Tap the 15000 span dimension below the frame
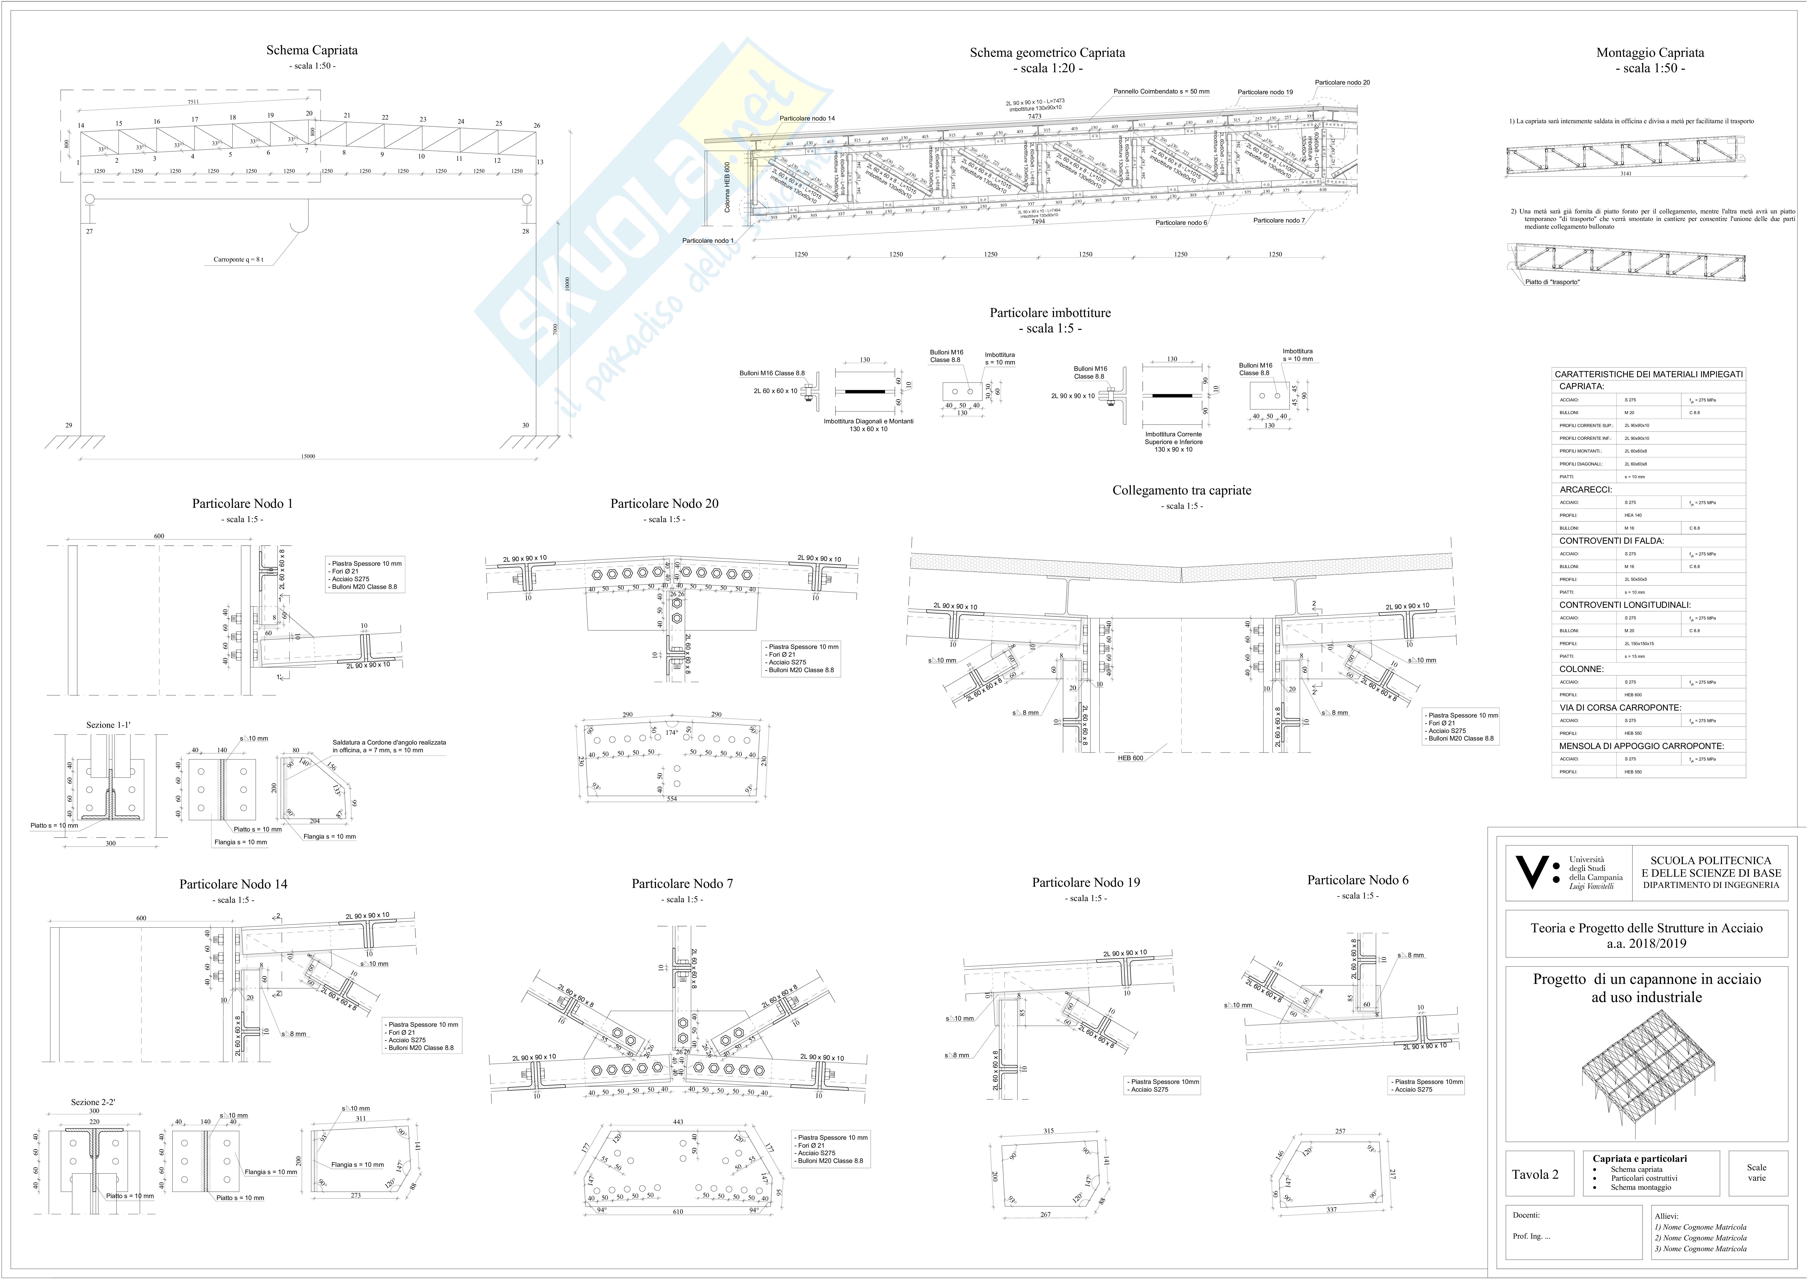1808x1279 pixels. point(308,456)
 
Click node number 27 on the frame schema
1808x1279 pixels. point(89,232)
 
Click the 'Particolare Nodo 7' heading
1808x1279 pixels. point(682,884)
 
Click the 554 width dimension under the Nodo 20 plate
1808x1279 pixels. point(672,799)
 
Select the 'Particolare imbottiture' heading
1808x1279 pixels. point(1050,313)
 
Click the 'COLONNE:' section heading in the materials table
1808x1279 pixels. point(1581,669)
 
